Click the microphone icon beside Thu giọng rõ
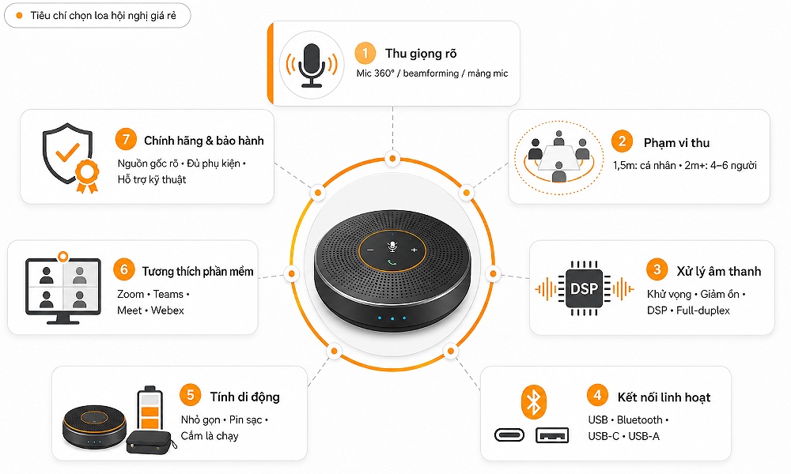tap(311, 65)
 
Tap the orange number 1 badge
tap(365, 53)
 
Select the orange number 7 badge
tap(126, 139)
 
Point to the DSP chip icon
tap(585, 288)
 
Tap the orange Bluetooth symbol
tap(534, 402)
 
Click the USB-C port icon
tap(509, 435)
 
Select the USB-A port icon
tap(552, 435)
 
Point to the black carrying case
tap(150, 442)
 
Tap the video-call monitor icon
tap(63, 288)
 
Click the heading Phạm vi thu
tap(676, 143)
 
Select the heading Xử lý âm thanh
tap(718, 272)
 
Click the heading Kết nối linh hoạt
tap(664, 397)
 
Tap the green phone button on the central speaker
tap(392, 262)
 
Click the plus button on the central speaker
tap(414, 250)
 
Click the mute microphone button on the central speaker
tap(392, 246)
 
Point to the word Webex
tap(168, 310)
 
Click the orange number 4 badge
tap(597, 395)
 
